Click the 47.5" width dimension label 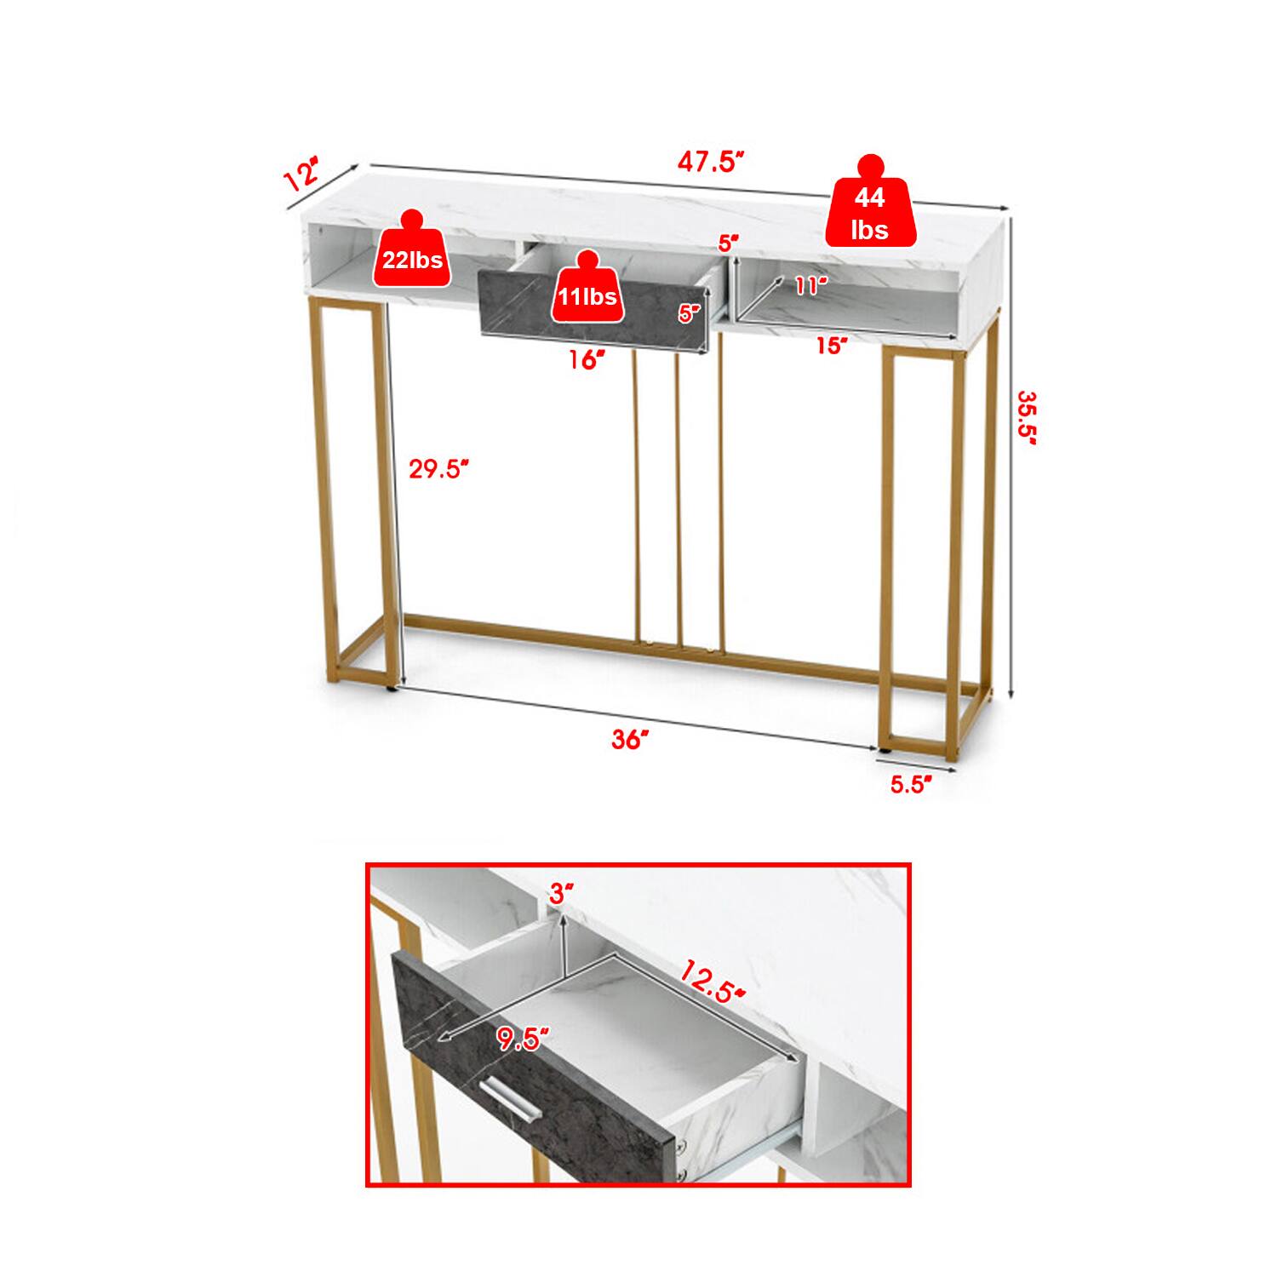point(711,161)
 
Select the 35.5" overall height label point(1028,418)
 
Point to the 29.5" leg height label point(439,468)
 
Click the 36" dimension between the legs point(631,739)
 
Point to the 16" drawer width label point(587,359)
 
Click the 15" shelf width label point(832,345)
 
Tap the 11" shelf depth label point(811,285)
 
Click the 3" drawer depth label point(561,893)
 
